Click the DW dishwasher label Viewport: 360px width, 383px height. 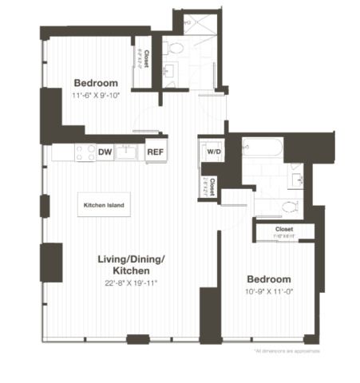click(105, 151)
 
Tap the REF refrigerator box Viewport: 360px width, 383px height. click(155, 151)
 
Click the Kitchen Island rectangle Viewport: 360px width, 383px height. click(105, 206)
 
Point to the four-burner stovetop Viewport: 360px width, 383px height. click(85, 152)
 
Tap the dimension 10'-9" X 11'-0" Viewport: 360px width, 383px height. click(268, 292)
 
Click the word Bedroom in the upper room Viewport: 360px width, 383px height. click(96, 83)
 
